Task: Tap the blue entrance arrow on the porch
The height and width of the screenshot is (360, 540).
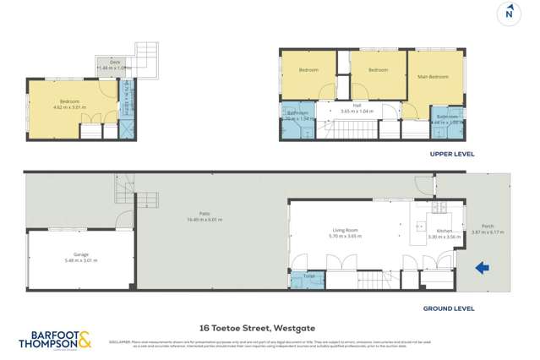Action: [x=483, y=269]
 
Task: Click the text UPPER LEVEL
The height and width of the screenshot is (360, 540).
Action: [x=452, y=155]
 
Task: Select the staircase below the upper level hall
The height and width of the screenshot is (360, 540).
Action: [x=348, y=130]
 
